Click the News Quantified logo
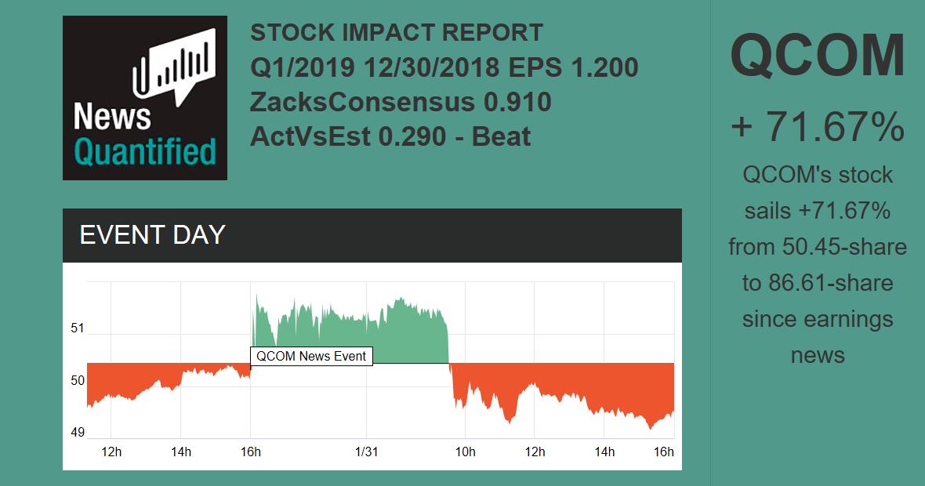[x=145, y=98]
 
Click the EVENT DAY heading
[x=152, y=235]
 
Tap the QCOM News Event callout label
[x=311, y=356]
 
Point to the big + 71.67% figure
[x=818, y=127]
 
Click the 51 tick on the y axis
[x=77, y=328]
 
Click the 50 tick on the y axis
[x=77, y=381]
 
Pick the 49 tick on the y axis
[x=77, y=433]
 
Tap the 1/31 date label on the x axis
[x=367, y=452]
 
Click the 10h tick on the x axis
[x=466, y=452]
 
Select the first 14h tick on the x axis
[x=181, y=452]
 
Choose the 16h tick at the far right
[x=663, y=452]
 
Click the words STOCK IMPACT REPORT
[x=397, y=33]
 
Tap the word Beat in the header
[x=501, y=136]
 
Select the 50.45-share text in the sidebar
[x=844, y=247]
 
